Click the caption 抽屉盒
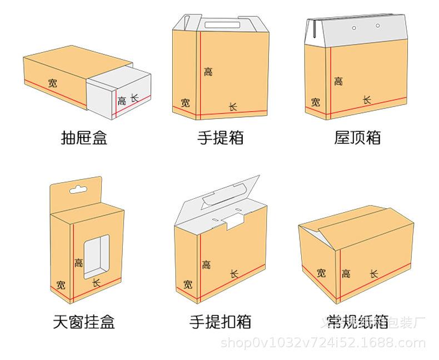(83, 137)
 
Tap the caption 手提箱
(221, 137)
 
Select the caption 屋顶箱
(357, 137)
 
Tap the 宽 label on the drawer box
(52, 83)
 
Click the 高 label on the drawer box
(122, 101)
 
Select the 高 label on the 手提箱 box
(208, 71)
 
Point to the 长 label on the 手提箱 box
(233, 106)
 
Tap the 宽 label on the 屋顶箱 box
(316, 102)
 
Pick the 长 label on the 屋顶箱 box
(367, 100)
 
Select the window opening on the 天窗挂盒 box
(96, 256)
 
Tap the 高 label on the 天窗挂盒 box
(79, 263)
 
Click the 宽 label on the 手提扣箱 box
(188, 284)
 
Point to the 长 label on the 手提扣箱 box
(235, 274)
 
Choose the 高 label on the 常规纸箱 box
(346, 273)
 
